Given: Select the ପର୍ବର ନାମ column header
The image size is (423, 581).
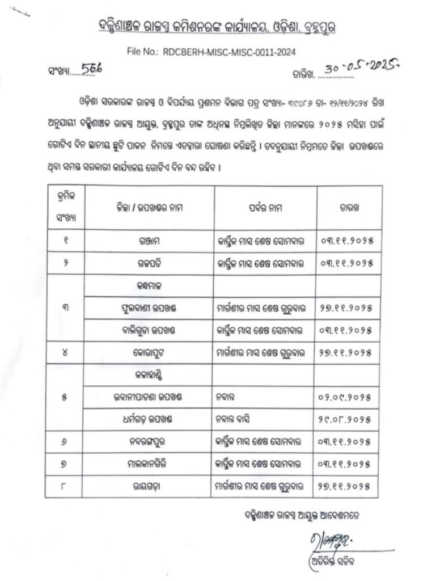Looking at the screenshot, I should [264, 208].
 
